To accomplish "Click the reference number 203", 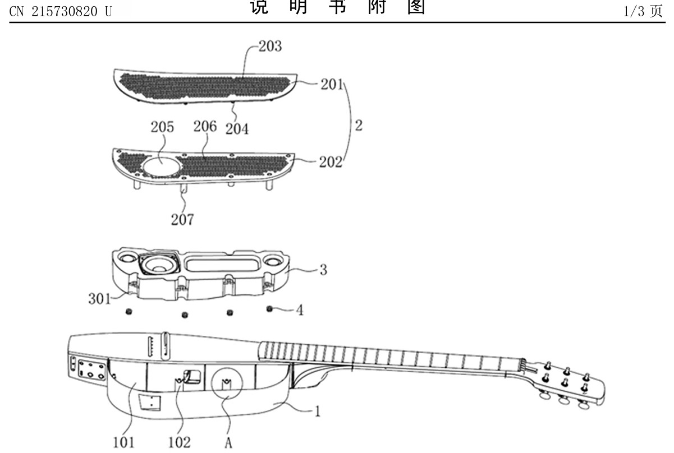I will pyautogui.click(x=270, y=47).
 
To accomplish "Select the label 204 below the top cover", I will pyautogui.click(x=237, y=129).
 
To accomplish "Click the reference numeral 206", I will pyautogui.click(x=205, y=127).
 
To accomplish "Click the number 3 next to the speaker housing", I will pyautogui.click(x=322, y=269).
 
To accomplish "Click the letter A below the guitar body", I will pyautogui.click(x=227, y=443).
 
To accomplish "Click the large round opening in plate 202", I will pyautogui.click(x=161, y=166).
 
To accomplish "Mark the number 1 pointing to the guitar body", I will pyautogui.click(x=317, y=412).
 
